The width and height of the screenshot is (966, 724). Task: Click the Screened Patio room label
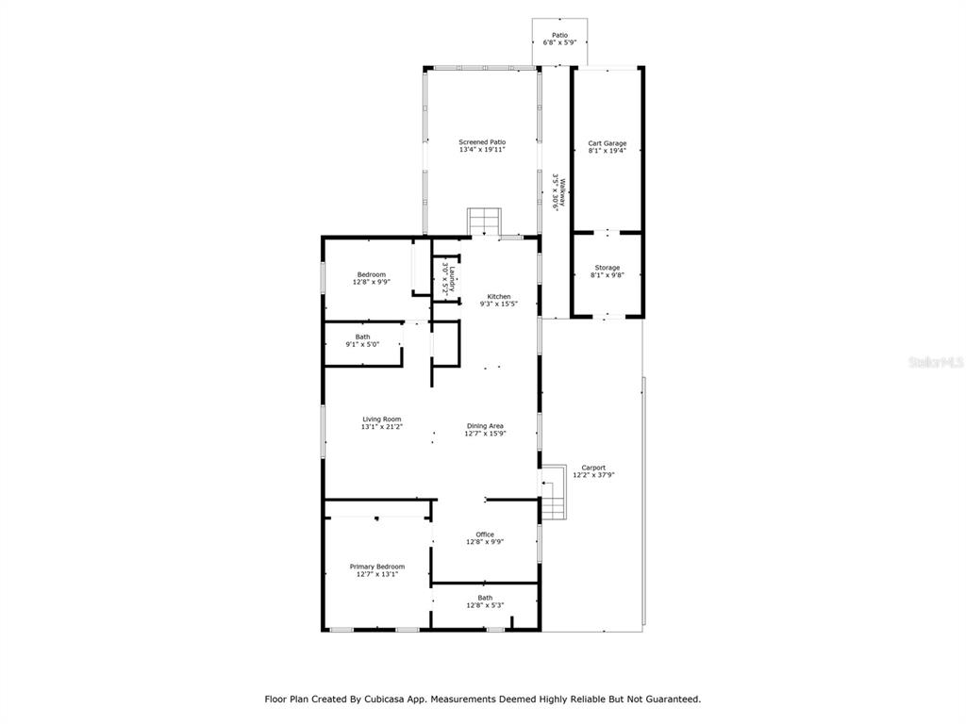coord(482,142)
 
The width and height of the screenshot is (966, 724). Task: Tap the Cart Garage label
coord(607,143)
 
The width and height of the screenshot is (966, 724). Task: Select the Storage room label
coord(607,268)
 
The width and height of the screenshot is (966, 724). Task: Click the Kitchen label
coord(498,297)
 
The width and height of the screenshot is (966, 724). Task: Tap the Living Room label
coord(381,420)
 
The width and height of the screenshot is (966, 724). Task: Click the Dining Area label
coord(485,426)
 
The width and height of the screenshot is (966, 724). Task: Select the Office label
coord(485,535)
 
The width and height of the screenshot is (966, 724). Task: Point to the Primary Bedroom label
coord(377,567)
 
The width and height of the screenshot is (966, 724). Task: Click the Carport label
coord(593,468)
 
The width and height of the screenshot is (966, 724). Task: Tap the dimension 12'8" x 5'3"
coord(485,605)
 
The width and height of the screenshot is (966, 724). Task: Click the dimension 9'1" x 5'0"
coord(362,344)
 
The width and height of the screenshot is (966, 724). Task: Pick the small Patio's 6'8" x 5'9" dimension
coord(559,42)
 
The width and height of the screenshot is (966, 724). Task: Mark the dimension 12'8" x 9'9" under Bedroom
coord(372,282)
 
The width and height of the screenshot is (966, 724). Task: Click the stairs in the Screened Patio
coord(484,222)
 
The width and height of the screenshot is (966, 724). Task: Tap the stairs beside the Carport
coord(553,492)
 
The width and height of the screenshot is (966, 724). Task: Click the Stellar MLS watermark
coord(936,362)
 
